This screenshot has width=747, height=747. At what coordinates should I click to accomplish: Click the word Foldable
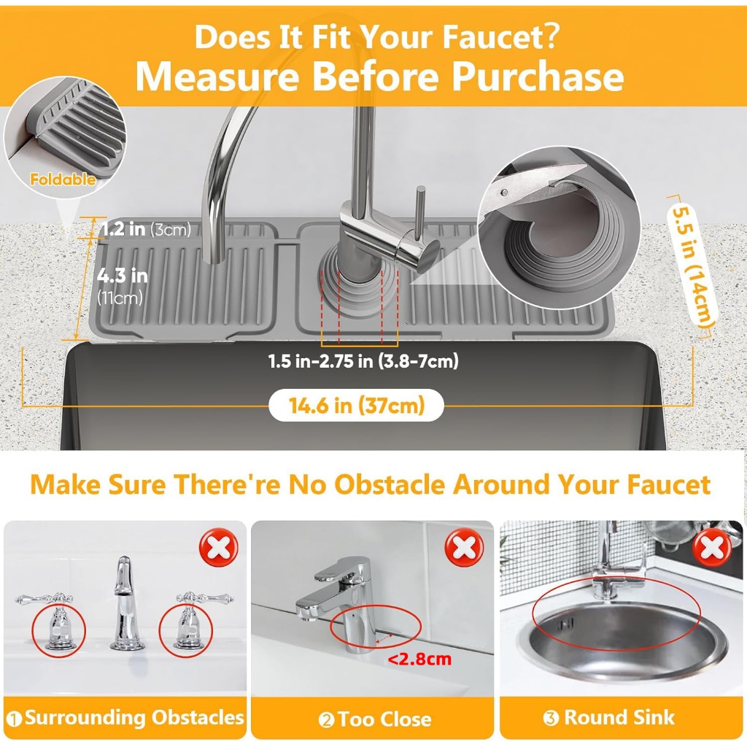point(63,179)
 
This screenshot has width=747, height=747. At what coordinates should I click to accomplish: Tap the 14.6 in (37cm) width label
point(356,406)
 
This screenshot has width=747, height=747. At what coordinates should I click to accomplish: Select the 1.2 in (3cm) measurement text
point(146,229)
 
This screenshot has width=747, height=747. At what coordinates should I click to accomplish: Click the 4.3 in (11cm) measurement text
point(122,286)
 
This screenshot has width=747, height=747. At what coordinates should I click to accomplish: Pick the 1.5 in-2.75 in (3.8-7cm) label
point(363,361)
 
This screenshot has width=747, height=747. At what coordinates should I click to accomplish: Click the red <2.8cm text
point(419,659)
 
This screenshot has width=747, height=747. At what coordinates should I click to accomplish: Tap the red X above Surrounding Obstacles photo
point(219,547)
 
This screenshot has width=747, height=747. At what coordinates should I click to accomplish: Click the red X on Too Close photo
point(464,547)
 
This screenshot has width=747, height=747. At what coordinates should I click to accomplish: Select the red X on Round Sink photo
point(712,547)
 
